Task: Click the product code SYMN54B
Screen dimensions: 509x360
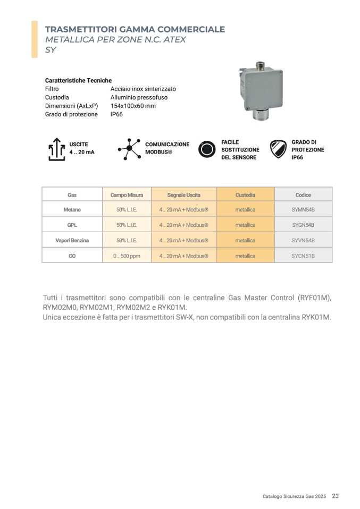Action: point(303,209)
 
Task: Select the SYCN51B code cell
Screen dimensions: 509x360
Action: point(303,256)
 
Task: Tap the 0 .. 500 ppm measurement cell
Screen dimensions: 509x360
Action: point(127,256)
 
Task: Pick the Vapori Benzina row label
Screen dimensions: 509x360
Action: point(72,241)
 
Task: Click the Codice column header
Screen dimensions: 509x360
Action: point(303,195)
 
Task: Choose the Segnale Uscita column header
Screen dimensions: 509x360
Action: point(183,195)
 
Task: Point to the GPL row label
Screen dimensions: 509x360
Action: point(72,225)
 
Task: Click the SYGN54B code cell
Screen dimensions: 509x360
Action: point(303,225)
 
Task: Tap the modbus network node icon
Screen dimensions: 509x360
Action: point(129,149)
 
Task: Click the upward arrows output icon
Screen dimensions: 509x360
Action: point(56,149)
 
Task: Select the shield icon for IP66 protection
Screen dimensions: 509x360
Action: point(278,149)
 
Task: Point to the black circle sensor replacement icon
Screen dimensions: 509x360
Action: point(207,149)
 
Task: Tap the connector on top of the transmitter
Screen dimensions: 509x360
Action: point(262,66)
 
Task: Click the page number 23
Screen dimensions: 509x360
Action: point(335,496)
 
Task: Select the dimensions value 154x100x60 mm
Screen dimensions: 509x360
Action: point(133,106)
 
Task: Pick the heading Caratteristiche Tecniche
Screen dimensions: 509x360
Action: point(78,80)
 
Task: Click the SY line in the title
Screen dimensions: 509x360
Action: point(51,50)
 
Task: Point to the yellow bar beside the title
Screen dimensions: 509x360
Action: point(35,39)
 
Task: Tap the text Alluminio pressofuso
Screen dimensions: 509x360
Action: point(139,97)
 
